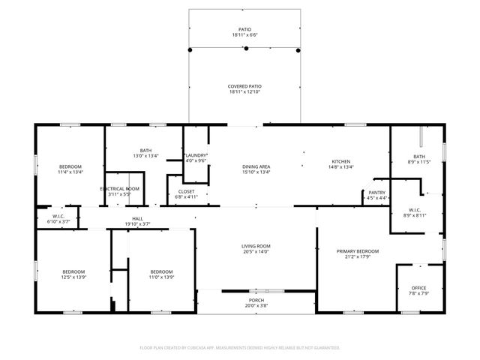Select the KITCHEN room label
[342, 161]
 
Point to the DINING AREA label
[256, 166]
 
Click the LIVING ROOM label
[255, 246]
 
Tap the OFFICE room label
[418, 288]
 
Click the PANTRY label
[377, 192]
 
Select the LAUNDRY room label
[196, 154]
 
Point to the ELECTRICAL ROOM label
[120, 188]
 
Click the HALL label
[137, 218]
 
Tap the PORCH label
[256, 301]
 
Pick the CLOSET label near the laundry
[187, 191]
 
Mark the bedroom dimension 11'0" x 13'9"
[161, 277]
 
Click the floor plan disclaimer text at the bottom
[240, 347]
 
